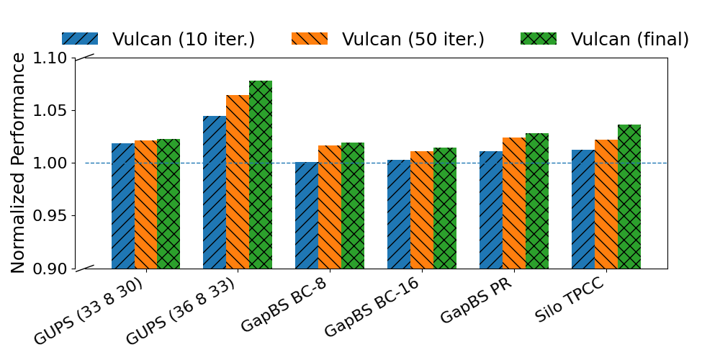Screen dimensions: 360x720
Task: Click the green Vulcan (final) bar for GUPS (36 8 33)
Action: click(261, 175)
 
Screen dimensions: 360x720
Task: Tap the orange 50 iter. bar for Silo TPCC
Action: click(606, 204)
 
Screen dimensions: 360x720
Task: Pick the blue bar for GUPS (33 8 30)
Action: click(122, 206)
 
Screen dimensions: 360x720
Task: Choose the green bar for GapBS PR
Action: click(537, 201)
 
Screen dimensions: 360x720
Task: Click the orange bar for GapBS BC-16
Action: click(422, 210)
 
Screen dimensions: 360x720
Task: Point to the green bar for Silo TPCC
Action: click(629, 197)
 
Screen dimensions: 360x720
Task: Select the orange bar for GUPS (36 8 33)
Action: click(238, 181)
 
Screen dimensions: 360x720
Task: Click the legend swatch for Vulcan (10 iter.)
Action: click(80, 39)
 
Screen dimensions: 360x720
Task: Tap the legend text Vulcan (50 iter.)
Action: click(413, 39)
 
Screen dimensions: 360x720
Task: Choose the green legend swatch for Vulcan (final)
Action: click(539, 39)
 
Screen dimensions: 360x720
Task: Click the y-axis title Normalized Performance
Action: click(19, 163)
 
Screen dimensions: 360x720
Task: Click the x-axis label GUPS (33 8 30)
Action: click(88, 311)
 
